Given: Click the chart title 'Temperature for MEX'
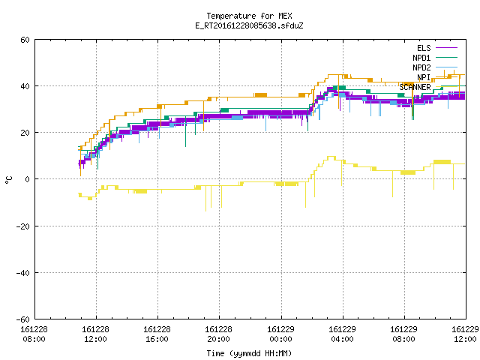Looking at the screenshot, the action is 249,16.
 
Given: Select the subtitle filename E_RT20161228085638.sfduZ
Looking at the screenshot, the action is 249,25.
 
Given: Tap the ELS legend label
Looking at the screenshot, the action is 424,48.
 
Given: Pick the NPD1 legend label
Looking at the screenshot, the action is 421,58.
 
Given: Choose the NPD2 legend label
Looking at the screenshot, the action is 421,67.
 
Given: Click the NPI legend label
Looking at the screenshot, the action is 424,77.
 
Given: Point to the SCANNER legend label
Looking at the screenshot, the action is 415,87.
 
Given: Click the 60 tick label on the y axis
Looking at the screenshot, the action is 25,40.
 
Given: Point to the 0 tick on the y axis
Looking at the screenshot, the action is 27,179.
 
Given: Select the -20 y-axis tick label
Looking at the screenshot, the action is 23,226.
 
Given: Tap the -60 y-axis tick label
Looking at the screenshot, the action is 23,319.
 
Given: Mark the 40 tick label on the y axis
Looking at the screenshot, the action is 25,86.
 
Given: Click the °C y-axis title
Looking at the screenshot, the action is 8,180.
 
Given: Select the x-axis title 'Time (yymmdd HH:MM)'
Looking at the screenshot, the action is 249,353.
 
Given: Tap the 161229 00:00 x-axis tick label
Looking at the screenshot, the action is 280,334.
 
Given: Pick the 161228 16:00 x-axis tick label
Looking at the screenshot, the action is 157,334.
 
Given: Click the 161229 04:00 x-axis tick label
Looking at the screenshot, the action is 342,334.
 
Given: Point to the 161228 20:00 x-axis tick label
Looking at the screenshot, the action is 218,334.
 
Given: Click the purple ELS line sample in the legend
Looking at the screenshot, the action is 446,48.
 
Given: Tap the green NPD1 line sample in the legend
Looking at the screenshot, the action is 446,57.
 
